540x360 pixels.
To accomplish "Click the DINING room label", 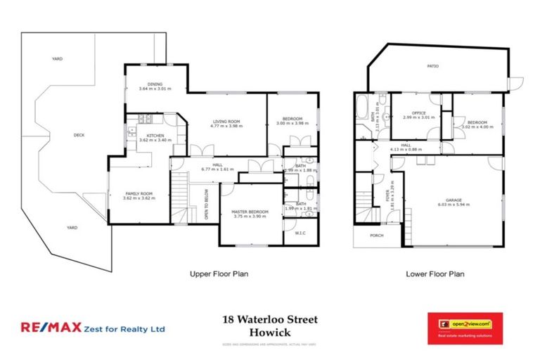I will click(x=155, y=84).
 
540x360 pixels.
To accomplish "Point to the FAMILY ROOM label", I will click(x=138, y=194).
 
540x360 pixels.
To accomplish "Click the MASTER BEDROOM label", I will click(x=250, y=212).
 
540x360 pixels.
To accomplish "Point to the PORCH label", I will click(x=376, y=236).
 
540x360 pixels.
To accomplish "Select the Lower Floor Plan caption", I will click(x=436, y=274).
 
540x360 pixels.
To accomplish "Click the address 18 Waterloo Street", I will click(x=270, y=319).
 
